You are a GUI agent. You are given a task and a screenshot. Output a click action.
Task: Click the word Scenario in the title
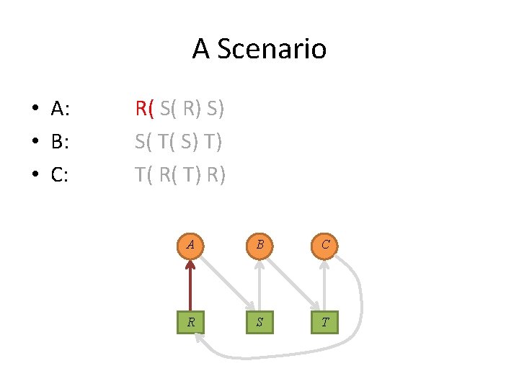271,49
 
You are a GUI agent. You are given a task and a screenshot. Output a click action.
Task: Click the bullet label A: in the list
60,109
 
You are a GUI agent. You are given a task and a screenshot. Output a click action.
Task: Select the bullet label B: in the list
60,142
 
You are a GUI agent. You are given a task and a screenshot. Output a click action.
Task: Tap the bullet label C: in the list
60,174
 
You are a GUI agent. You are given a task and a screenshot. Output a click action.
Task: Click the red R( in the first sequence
145,109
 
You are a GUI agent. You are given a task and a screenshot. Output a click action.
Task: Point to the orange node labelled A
190,244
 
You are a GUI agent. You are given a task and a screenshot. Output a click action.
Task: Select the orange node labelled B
258,244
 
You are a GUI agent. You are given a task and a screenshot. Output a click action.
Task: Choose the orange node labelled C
325,244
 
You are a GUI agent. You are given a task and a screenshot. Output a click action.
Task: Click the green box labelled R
190,321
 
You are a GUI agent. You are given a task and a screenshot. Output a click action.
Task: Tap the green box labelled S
258,321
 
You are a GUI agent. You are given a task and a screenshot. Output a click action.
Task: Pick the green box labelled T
325,321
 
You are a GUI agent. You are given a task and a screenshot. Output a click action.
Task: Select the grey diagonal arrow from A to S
224,283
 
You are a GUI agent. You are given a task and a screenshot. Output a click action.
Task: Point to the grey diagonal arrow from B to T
292,283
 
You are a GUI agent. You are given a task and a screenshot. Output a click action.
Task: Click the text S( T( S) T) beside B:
179,142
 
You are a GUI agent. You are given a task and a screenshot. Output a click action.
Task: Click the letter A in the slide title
200,49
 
